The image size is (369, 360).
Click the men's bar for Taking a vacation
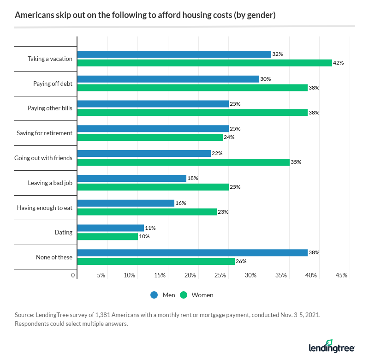(x=174, y=54)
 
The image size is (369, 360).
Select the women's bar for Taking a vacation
(x=204, y=63)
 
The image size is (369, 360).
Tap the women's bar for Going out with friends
(x=183, y=162)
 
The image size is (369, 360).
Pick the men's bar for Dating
(x=110, y=228)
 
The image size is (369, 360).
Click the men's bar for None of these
(x=192, y=253)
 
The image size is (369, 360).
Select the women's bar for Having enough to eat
(x=147, y=212)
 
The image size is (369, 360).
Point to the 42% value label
(x=339, y=63)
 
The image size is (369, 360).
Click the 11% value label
(x=150, y=228)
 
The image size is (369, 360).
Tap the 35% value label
(x=296, y=162)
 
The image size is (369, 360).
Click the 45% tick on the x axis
(x=341, y=276)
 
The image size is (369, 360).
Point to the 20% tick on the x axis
(x=190, y=276)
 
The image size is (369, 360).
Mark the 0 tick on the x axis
(x=73, y=276)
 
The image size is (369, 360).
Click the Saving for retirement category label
(x=44, y=133)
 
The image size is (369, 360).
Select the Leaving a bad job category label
(x=50, y=183)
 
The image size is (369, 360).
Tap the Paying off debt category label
(x=53, y=84)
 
